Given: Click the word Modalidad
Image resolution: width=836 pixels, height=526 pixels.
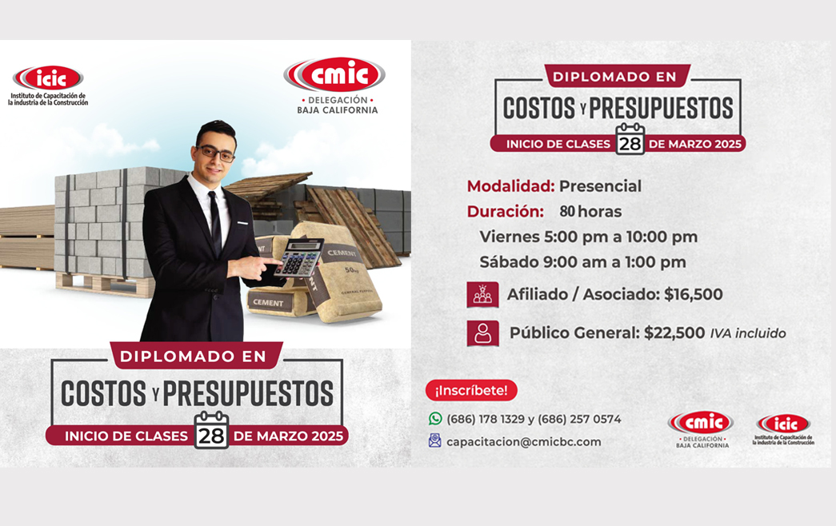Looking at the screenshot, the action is pos(510,186).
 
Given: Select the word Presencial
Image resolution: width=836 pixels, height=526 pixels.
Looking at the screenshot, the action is pos(600,186).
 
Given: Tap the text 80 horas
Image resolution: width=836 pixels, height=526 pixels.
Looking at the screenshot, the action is pos(590,212).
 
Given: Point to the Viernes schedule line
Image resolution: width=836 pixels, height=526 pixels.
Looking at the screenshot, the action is pos(589,237).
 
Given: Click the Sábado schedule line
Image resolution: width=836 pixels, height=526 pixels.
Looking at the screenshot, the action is pos(582,262).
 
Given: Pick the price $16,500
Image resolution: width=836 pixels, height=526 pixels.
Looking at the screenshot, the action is pos(693,294).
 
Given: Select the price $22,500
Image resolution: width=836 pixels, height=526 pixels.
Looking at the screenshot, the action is pos(674,333).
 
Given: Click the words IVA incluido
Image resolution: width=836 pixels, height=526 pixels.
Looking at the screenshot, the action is pos(748,333).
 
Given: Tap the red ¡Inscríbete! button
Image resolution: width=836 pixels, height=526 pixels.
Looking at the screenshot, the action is pos(471,391).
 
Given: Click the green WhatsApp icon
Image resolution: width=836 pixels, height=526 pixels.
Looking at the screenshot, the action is pos(435,419).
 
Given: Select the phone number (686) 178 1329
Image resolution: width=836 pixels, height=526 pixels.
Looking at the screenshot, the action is pos(486,420).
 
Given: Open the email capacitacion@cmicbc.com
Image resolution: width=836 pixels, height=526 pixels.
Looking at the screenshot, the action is pos(523,442).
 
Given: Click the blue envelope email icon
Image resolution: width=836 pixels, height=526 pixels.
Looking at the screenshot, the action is pos(435,440).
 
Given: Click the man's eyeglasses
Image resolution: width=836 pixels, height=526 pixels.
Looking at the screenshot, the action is pos(216,153).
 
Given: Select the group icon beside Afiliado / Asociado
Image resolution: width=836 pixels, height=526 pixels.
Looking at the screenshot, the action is pos(482,295).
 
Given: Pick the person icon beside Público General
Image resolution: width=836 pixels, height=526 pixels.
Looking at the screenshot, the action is pos(483,333).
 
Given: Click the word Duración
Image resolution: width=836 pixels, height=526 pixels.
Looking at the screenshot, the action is pos(506,212).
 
